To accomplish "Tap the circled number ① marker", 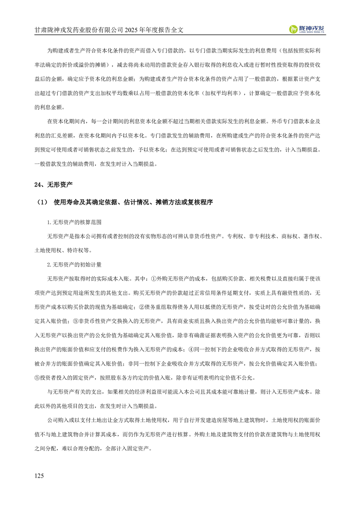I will pyautogui.click(x=153, y=278).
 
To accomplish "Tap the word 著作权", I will pyautogui.click(x=313, y=236).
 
